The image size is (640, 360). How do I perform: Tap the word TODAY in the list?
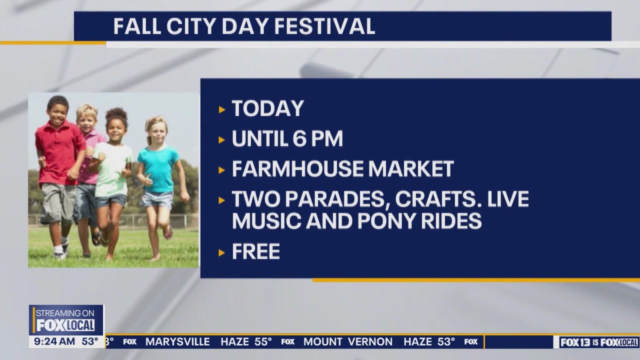[x=268, y=109]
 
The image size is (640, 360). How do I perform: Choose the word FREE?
[x=255, y=252]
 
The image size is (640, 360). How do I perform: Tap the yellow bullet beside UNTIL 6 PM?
[x=222, y=140]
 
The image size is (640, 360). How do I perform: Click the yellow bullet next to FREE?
[x=222, y=252]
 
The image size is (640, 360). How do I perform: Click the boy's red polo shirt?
[x=59, y=152]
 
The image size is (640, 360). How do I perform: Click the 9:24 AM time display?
[x=54, y=341]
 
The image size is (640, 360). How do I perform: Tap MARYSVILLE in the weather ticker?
[x=177, y=342]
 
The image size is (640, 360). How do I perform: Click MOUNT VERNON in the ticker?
[x=348, y=342]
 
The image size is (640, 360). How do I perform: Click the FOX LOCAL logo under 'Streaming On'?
[x=65, y=325]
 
